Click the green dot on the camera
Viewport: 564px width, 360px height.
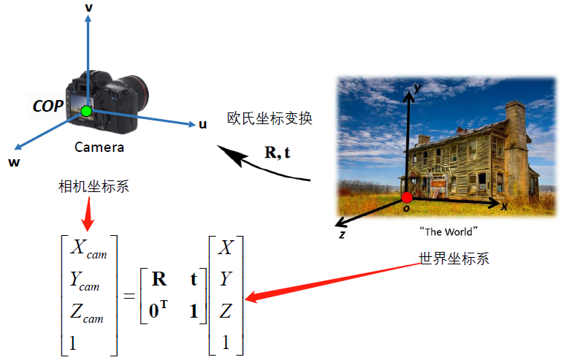(86, 111)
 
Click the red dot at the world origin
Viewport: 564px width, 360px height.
(407, 198)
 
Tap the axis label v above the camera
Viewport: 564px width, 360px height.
(88, 7)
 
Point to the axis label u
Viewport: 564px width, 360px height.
(202, 124)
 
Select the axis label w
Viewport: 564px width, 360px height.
(14, 162)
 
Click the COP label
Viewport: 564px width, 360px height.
(47, 106)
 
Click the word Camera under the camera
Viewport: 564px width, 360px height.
(99, 147)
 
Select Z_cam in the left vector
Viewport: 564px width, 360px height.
(87, 313)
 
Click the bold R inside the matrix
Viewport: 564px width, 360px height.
(159, 279)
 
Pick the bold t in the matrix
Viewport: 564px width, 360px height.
(194, 279)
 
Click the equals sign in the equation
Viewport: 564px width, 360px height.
(128, 296)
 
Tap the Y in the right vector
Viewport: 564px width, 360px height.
(226, 279)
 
